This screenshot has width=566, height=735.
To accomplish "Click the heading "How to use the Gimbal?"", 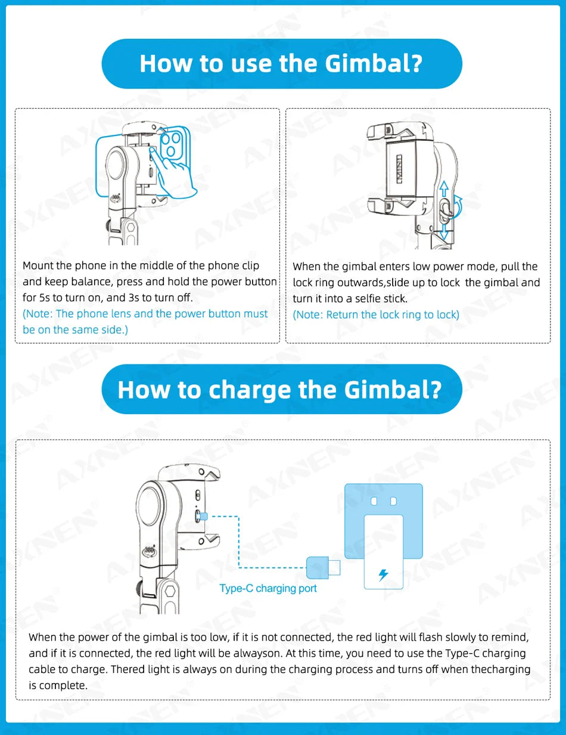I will [281, 63].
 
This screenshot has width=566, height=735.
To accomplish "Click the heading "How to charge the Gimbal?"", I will [280, 389].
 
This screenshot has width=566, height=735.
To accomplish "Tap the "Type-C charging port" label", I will [268, 588].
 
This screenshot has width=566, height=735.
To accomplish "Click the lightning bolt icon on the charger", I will [384, 575].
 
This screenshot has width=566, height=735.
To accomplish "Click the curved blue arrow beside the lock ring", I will [458, 205].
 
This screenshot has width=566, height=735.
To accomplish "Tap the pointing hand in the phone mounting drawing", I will [175, 174].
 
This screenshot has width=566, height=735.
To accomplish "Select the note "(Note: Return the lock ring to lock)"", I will [376, 314].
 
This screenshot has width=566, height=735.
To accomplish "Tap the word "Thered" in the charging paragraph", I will [128, 669].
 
